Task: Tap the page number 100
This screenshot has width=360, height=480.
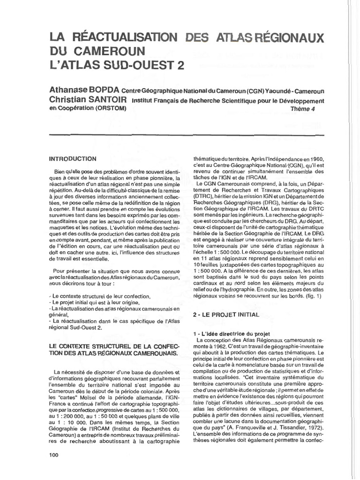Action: coord(54,455)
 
